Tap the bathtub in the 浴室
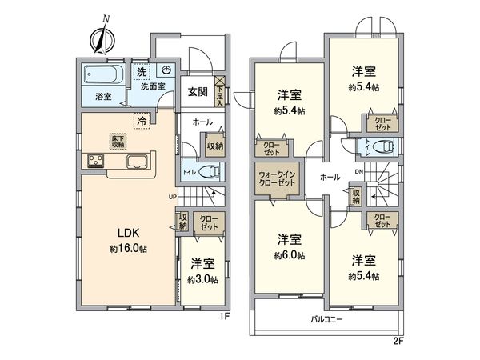(x=102, y=77)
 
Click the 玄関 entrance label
(x=198, y=91)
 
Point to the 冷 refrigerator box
(x=142, y=121)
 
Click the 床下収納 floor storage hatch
(x=118, y=141)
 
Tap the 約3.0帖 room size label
(x=201, y=279)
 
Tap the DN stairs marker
(x=358, y=170)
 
